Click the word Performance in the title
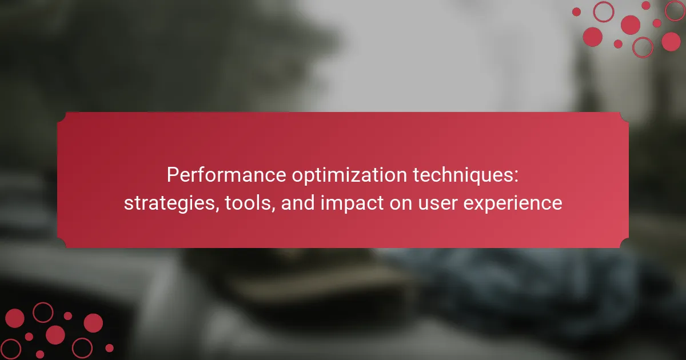(226, 175)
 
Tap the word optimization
(349, 176)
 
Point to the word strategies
(170, 203)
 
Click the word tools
(248, 203)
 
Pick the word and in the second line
(298, 203)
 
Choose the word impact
(352, 203)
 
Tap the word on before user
(401, 205)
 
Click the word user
(438, 205)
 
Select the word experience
(513, 204)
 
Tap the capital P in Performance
(173, 175)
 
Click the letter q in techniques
(476, 178)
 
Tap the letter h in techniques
(445, 175)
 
